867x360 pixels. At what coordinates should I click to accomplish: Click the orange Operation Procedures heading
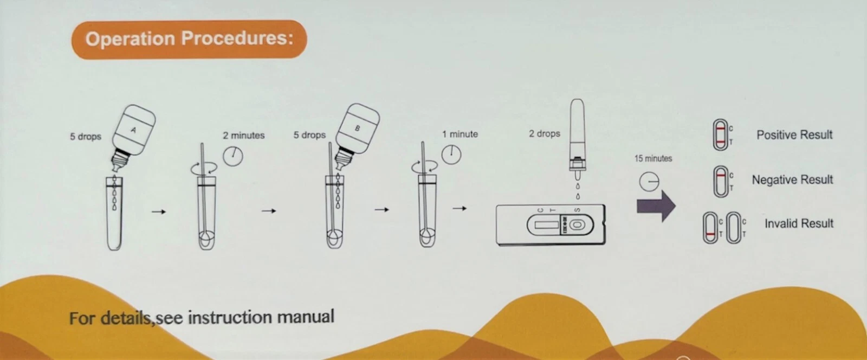(189, 39)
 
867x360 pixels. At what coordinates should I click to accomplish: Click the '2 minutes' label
(243, 136)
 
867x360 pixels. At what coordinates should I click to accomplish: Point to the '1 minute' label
(460, 134)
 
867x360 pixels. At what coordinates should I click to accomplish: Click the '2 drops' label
(544, 133)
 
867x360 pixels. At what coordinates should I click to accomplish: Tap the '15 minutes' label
(653, 158)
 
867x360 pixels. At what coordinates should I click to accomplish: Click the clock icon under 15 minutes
(649, 182)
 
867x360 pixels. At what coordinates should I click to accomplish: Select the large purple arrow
(656, 206)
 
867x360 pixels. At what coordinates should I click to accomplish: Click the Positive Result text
(794, 134)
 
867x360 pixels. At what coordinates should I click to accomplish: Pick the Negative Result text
(792, 179)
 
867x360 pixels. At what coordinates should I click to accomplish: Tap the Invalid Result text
(799, 223)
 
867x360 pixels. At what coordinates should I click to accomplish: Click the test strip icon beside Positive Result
(720, 134)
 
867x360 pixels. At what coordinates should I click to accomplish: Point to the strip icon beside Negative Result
(721, 182)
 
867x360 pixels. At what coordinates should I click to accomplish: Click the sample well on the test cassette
(577, 225)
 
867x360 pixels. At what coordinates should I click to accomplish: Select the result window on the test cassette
(546, 225)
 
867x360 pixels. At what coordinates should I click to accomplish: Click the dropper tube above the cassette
(577, 139)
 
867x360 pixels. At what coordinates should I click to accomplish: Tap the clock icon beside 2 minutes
(233, 156)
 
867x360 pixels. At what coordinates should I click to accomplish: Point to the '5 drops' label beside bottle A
(86, 137)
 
